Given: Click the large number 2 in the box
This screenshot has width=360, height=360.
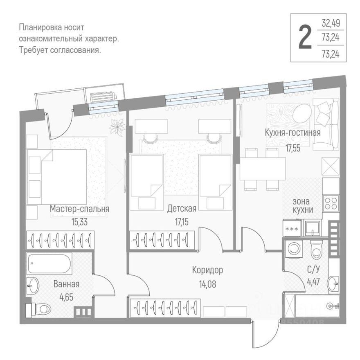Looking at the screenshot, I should point(304,37).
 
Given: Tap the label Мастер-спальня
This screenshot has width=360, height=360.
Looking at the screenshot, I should point(79,209).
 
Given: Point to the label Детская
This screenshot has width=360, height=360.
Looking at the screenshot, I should point(182,209).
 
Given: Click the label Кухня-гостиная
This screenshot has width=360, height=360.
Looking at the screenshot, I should point(292,133).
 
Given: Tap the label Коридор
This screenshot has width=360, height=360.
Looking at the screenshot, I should point(207,270).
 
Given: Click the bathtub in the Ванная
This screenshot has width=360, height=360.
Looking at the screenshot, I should point(49,264).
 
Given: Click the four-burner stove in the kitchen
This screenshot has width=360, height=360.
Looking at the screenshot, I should point(331,203).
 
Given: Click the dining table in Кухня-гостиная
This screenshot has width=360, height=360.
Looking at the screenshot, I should point(262,169).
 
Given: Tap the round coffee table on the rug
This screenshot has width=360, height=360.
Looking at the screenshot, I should point(302,112).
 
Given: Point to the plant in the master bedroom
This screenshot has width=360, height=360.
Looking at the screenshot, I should point(118,127).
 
